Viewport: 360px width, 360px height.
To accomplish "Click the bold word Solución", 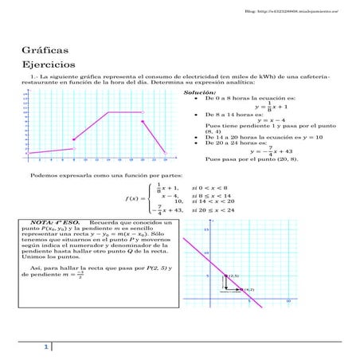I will click(199, 92).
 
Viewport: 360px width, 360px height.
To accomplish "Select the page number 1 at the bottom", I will click(47, 347).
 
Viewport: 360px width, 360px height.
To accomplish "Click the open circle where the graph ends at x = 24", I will click(165, 153).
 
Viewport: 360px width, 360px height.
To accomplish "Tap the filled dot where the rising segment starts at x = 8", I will click(73, 140).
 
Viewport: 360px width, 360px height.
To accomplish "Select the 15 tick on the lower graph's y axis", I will click(206, 230).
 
